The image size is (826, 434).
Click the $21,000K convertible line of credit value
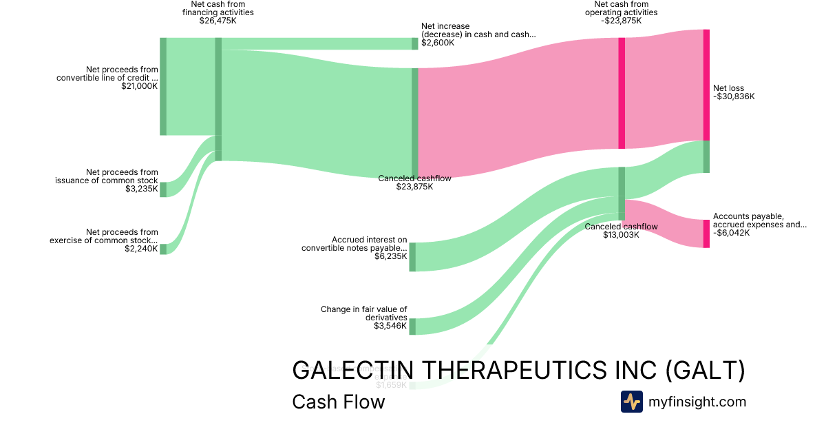(x=139, y=86)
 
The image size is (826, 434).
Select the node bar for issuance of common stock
(x=163, y=189)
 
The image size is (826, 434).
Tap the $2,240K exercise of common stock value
(x=142, y=249)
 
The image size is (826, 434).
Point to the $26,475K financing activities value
(x=218, y=21)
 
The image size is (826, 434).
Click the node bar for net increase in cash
(x=415, y=43)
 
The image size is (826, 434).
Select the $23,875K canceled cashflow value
(x=414, y=187)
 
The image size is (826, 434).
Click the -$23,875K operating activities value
(x=621, y=21)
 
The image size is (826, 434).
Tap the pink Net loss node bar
(x=706, y=85)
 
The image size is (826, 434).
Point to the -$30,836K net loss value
(x=734, y=96)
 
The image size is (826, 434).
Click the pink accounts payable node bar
(x=706, y=234)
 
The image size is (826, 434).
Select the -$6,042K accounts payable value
(x=732, y=233)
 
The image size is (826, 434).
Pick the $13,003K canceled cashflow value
(x=621, y=235)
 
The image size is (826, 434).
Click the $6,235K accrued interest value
(x=390, y=256)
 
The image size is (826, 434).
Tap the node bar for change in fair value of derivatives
(x=412, y=327)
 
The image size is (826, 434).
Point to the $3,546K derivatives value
(x=390, y=325)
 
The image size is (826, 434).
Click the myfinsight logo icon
(x=631, y=402)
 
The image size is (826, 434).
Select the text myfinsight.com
(x=697, y=402)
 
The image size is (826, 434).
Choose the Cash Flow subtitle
(x=338, y=402)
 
